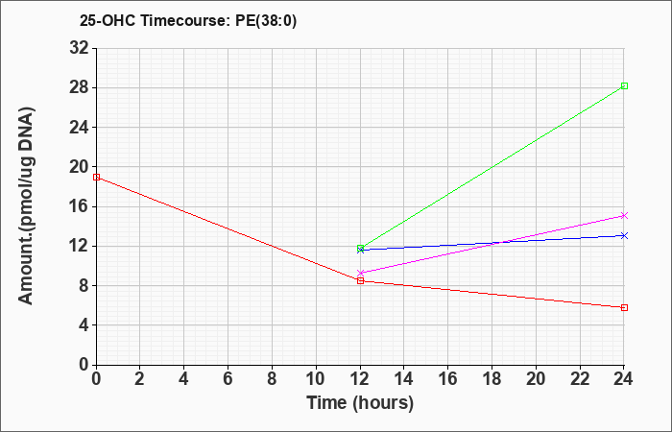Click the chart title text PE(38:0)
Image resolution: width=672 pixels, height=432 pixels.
pos(266,20)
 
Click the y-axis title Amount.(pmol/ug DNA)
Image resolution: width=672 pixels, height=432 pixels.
pos(26,206)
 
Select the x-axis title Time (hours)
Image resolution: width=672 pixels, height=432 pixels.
pos(360,403)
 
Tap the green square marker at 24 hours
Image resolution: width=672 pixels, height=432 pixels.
pos(624,86)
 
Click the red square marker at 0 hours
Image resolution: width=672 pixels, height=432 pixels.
pos(96,177)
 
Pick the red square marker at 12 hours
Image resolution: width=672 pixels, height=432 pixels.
pos(360,280)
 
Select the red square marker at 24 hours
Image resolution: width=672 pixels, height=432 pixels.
pos(624,308)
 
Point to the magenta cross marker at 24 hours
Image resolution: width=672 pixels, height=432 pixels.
pos(624,216)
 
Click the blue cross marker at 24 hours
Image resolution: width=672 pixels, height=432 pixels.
pos(624,236)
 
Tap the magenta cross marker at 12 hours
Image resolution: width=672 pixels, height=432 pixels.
pos(360,273)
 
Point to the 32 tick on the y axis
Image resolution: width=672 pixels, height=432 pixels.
pos(80,48)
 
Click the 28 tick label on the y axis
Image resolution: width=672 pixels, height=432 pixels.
pos(80,88)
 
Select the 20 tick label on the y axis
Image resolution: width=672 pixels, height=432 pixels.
pos(80,167)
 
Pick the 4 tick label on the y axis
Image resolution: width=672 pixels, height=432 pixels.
pos(84,324)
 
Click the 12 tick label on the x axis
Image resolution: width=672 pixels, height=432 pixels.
pos(360,379)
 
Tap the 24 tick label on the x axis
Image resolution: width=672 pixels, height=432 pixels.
pos(624,379)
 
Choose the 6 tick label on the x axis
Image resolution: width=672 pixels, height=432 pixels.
pos(228,379)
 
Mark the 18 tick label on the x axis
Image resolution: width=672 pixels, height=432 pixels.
pos(492,379)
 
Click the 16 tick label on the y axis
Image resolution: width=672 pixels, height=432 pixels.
pos(80,206)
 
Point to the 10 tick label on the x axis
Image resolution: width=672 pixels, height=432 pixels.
pos(316,379)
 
